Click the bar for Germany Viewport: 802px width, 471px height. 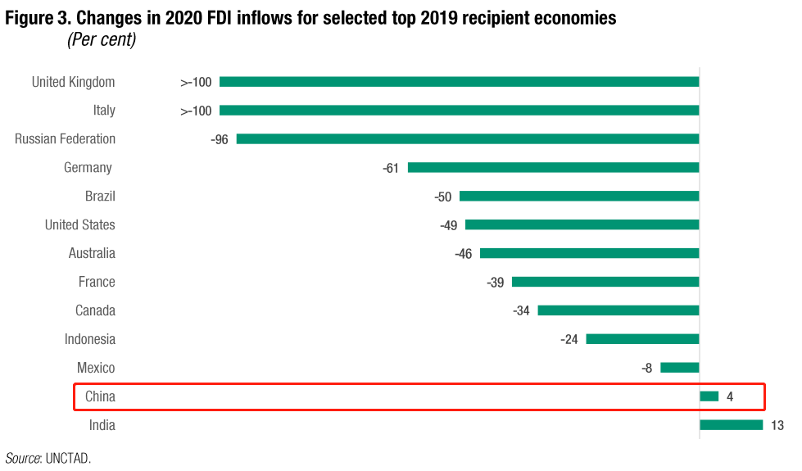click(x=553, y=167)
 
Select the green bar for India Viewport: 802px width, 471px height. click(x=731, y=425)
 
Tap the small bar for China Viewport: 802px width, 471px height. click(x=709, y=396)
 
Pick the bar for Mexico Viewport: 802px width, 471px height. click(x=679, y=368)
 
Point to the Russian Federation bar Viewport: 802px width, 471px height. click(x=467, y=139)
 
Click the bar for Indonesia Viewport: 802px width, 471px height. click(x=642, y=339)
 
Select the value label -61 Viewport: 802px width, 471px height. click(x=390, y=168)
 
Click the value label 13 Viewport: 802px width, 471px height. click(x=777, y=425)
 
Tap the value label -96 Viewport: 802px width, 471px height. click(x=219, y=139)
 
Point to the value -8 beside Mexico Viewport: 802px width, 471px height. click(x=647, y=368)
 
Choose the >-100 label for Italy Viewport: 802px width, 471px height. click(x=196, y=111)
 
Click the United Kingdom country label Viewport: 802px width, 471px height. click(x=73, y=82)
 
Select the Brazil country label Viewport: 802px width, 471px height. click(x=100, y=197)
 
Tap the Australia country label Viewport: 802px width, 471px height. click(x=92, y=253)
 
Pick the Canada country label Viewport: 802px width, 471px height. click(x=95, y=310)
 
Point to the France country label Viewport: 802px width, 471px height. click(x=97, y=282)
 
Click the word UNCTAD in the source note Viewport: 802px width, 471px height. click(x=69, y=458)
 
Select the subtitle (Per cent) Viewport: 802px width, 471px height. click(x=101, y=39)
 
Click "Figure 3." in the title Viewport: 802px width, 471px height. click(x=39, y=17)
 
